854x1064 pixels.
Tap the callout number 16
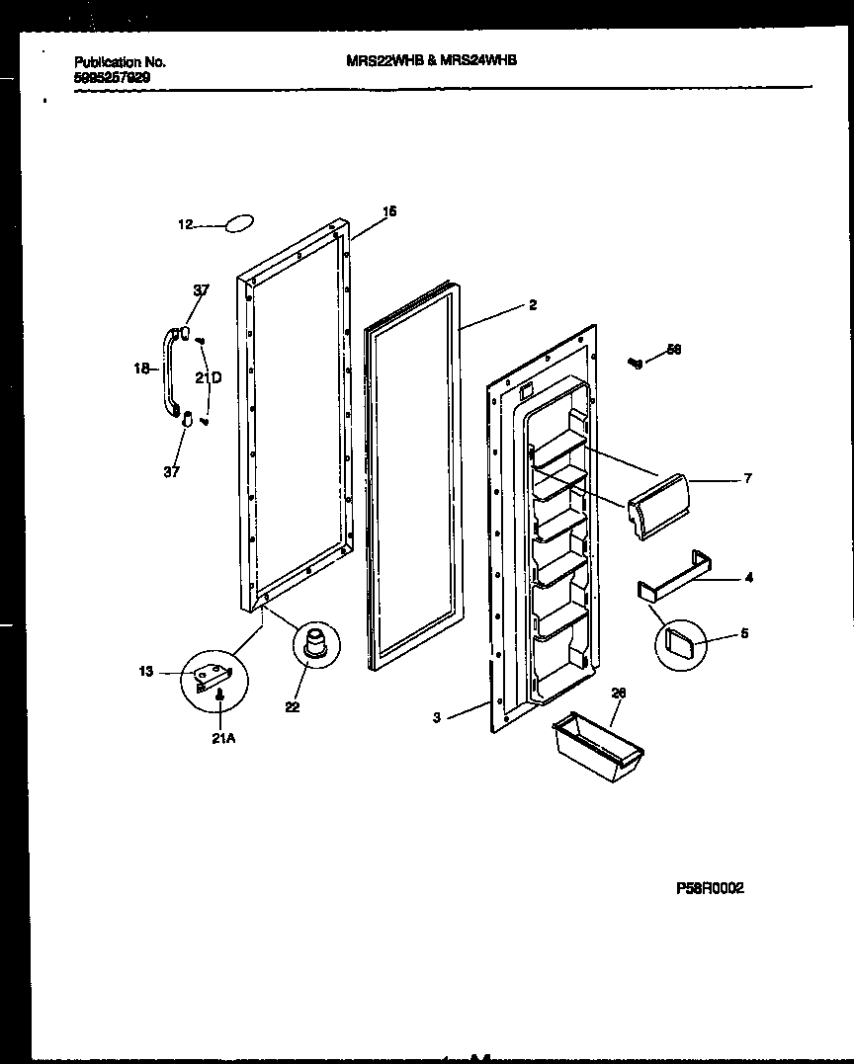pos(389,210)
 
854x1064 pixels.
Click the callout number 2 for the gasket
pos(532,305)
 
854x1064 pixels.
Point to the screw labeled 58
pos(637,363)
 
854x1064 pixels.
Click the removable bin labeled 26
pos(600,749)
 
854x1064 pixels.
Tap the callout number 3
pos(436,718)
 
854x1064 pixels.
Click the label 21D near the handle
pos(208,377)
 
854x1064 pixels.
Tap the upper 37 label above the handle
pos(201,289)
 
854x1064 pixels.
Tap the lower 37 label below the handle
pos(172,471)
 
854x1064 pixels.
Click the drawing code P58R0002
pos(709,888)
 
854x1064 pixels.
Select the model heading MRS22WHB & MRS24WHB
pos(432,60)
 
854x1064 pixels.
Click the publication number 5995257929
pos(113,76)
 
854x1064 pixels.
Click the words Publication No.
pos(120,61)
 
